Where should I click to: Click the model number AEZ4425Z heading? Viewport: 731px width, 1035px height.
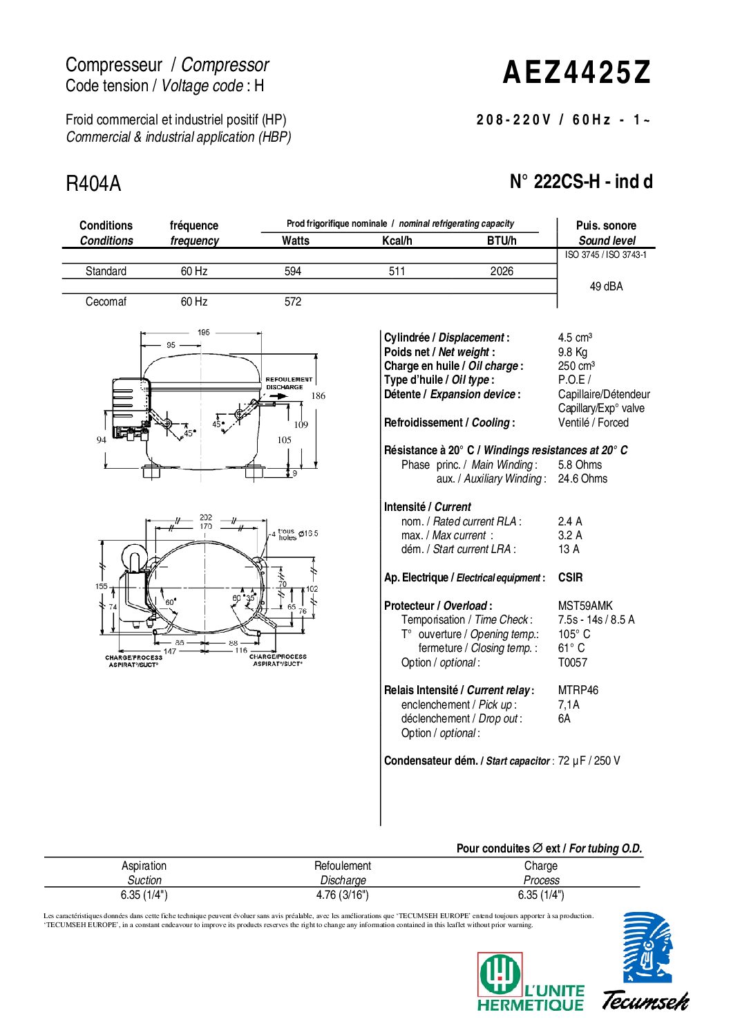[576, 73]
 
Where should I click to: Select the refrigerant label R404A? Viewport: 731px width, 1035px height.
[93, 184]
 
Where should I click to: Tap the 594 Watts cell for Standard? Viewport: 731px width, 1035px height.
[293, 271]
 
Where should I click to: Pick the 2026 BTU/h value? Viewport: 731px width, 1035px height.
[502, 271]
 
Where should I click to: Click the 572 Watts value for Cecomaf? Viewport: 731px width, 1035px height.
[293, 301]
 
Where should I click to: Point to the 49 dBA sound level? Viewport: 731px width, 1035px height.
[606, 286]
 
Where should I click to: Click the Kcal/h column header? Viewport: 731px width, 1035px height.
[397, 241]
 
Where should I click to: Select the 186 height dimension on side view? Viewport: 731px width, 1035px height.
[318, 396]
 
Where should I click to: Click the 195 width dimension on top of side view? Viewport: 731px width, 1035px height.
[203, 333]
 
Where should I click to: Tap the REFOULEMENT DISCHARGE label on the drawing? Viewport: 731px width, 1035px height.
[289, 383]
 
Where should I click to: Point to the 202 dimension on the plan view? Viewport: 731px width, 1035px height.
[206, 517]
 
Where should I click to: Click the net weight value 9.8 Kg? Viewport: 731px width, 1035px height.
[573, 352]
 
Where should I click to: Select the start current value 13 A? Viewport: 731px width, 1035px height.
[569, 549]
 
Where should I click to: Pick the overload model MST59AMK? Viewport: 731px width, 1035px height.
[585, 606]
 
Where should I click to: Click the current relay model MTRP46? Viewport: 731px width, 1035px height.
[578, 690]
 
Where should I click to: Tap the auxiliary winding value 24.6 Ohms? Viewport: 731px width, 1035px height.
[582, 478]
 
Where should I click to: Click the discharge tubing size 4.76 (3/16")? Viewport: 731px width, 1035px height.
[342, 895]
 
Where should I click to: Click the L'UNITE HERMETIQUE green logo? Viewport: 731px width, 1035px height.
[530, 982]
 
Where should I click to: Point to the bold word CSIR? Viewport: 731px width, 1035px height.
[570, 577]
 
